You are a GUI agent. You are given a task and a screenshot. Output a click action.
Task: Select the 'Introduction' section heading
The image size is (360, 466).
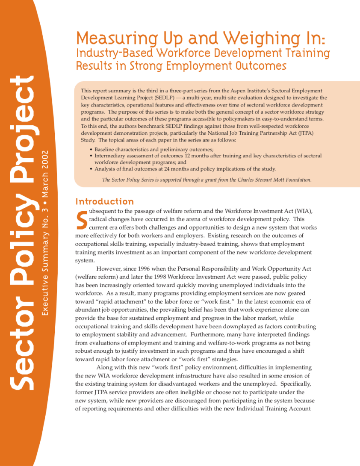click(104, 201)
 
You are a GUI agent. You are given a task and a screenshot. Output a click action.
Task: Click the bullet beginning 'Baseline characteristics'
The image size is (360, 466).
click(154, 150)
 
